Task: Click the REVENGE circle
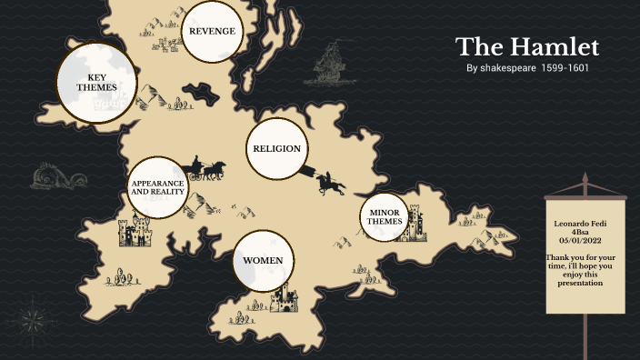click(212, 32)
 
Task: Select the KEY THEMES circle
click(96, 83)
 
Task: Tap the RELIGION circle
click(276, 148)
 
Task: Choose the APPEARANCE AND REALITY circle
click(157, 187)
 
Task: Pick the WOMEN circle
click(263, 261)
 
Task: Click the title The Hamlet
click(527, 47)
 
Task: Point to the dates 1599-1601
click(565, 68)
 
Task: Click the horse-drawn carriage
click(207, 170)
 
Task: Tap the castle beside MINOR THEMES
click(415, 225)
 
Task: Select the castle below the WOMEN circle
click(288, 297)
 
